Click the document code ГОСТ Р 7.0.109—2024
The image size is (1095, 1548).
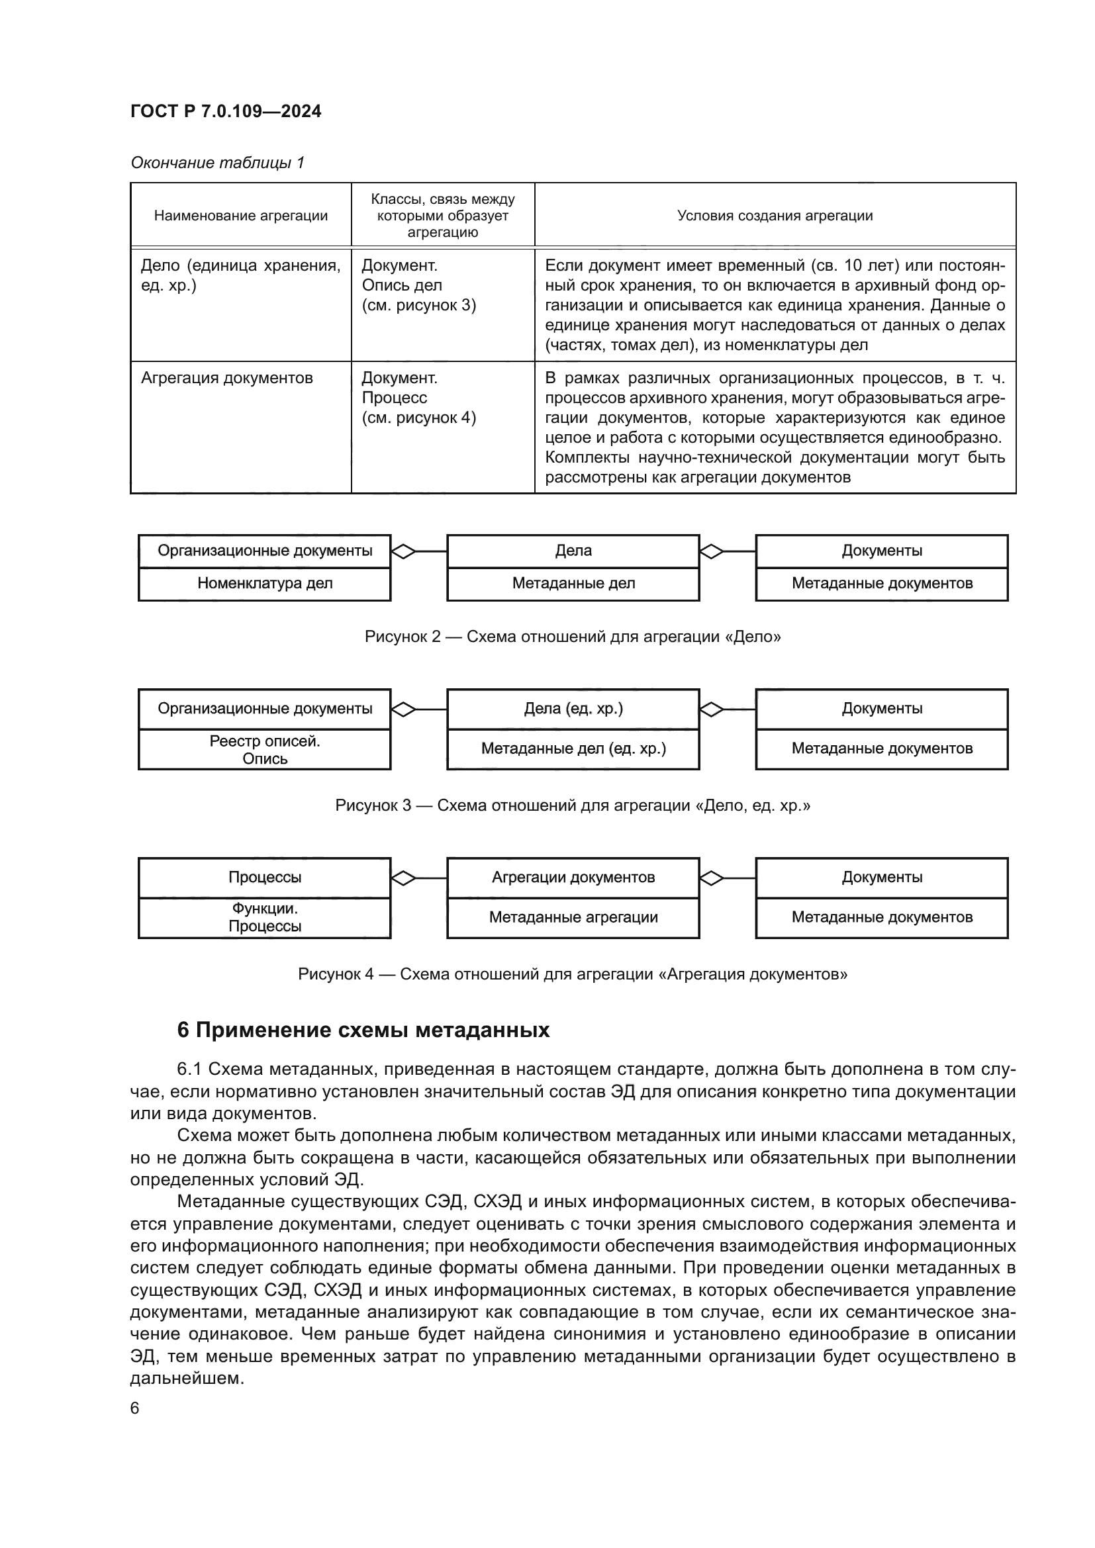tap(225, 111)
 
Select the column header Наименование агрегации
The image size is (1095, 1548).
tap(241, 216)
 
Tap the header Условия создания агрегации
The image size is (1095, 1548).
tap(775, 216)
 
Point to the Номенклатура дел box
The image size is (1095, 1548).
tap(264, 584)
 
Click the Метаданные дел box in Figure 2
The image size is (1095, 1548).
tap(573, 584)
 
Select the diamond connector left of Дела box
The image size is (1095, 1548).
tap(403, 551)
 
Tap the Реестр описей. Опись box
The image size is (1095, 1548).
tap(264, 750)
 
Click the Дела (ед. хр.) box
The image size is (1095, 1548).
tap(573, 709)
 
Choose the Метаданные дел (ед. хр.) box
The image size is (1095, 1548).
tap(573, 749)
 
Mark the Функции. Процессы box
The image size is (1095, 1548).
tap(264, 917)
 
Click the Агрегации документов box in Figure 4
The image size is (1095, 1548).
tap(573, 877)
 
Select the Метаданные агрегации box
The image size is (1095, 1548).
tap(573, 917)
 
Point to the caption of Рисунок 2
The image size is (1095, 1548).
tap(573, 637)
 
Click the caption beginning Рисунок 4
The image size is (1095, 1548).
tap(573, 974)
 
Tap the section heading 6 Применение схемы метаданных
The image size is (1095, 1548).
tap(363, 1030)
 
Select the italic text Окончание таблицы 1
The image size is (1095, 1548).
tap(217, 163)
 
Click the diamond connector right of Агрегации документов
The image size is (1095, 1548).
tap(712, 878)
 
